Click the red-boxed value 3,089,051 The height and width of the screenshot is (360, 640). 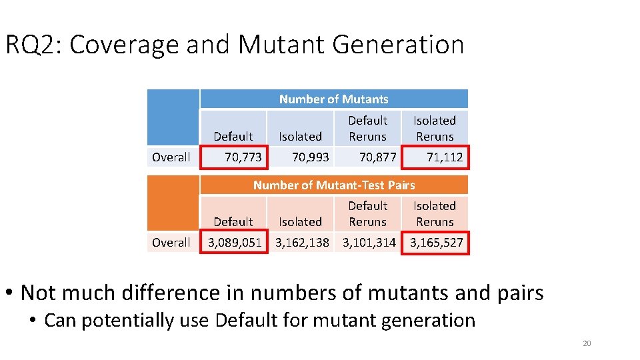click(x=235, y=243)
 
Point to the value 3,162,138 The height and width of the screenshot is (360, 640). click(x=302, y=243)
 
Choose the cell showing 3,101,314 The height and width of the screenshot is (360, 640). click(x=369, y=243)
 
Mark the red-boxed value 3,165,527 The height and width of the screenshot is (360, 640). click(x=436, y=243)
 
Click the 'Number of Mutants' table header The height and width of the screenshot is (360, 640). click(x=333, y=99)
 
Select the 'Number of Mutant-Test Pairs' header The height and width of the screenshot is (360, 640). click(x=333, y=185)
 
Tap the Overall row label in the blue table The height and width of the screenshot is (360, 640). click(x=171, y=157)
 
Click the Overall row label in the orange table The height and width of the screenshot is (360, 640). click(x=171, y=243)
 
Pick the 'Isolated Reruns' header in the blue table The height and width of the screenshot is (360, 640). click(x=435, y=128)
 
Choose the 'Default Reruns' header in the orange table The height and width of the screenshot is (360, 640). click(x=368, y=213)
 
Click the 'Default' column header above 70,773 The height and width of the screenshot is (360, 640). click(x=233, y=136)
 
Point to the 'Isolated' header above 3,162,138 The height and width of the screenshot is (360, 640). click(x=300, y=221)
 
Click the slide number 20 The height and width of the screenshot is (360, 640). click(x=587, y=343)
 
